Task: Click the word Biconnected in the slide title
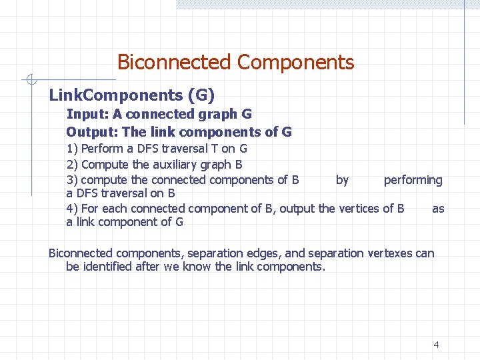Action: (174, 63)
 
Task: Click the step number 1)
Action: (72, 149)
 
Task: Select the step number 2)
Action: (72, 164)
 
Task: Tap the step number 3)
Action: (72, 180)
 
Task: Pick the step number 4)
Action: (72, 209)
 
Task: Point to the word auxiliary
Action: (175, 164)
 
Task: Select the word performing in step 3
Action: (413, 180)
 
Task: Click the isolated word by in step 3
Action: (342, 180)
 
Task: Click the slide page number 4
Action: (436, 345)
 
